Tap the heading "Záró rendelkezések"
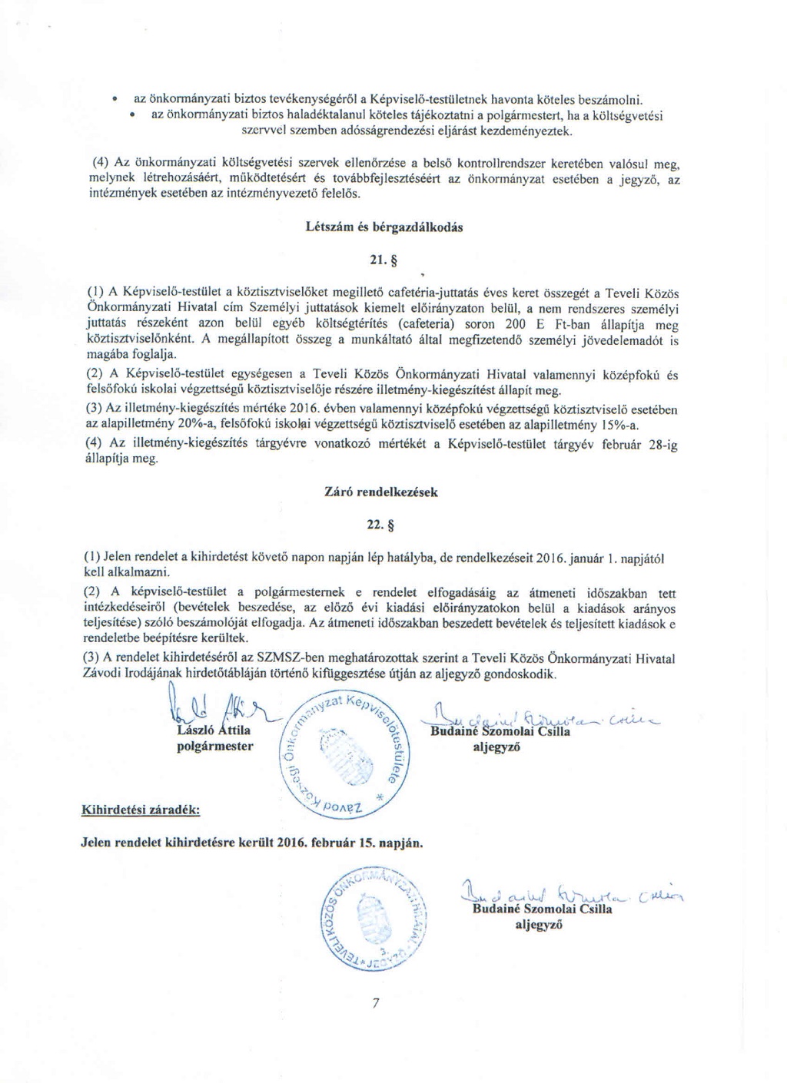pyautogui.click(x=382, y=492)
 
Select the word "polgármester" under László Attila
pyautogui.click(x=215, y=746)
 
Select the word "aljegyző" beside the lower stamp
pyautogui.click(x=539, y=925)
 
